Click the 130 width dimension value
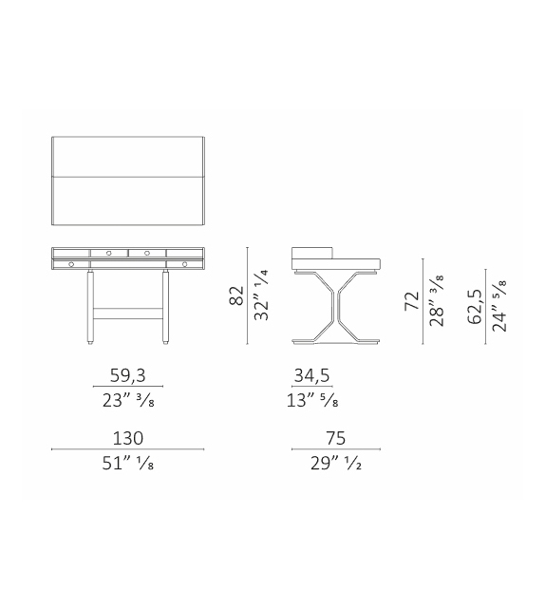pos(128,438)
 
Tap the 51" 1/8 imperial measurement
pos(128,464)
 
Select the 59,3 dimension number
pos(128,375)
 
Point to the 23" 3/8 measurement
pos(128,400)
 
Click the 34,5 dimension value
pos(311,375)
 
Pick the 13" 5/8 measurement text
pos(312,400)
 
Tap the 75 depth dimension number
pos(336,438)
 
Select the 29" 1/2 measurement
pos(336,464)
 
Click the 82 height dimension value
pos(237,295)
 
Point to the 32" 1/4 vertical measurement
pos(262,295)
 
